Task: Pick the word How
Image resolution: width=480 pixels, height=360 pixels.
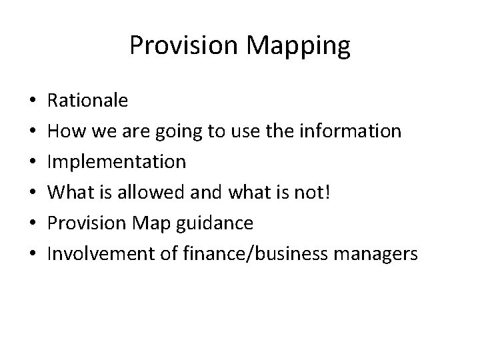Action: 65,131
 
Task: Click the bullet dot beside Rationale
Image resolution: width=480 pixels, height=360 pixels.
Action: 33,102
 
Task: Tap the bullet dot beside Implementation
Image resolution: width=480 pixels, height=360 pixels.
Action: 33,162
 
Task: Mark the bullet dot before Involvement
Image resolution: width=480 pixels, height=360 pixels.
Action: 33,253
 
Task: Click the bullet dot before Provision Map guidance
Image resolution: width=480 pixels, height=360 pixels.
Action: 33,223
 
